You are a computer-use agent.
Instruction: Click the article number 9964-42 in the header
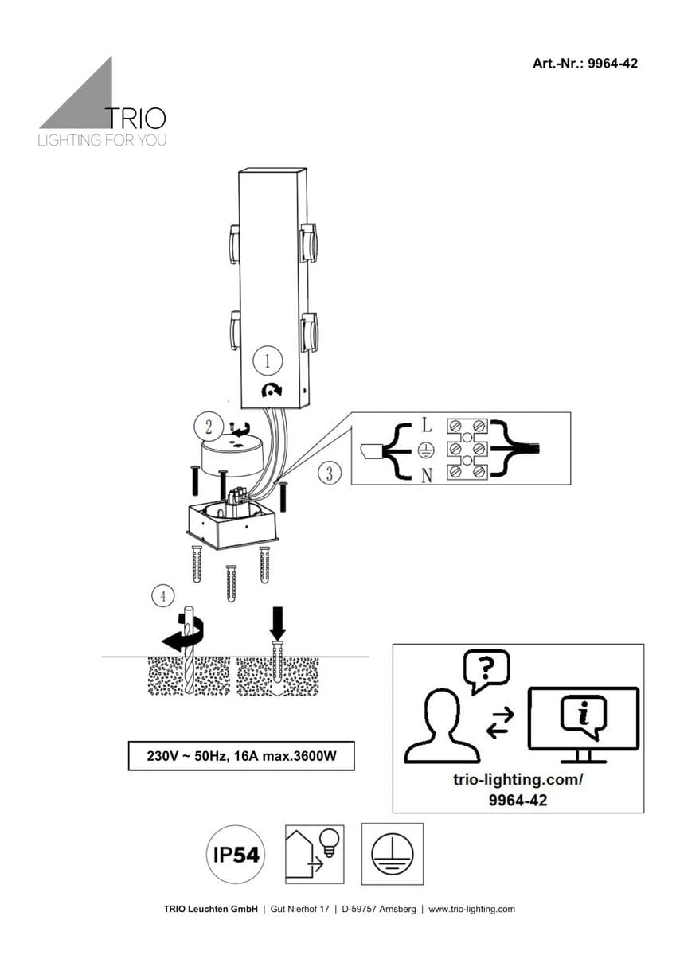611,64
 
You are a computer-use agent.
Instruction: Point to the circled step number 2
208,427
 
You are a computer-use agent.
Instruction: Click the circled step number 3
330,474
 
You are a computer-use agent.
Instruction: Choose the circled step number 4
162,595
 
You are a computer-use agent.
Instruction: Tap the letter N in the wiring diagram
426,476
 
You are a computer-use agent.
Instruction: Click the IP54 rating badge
236,856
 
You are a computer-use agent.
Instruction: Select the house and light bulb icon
314,855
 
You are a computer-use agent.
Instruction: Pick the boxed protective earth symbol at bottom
392,855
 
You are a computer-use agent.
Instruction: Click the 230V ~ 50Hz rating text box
240,756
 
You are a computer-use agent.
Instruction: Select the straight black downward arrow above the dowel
277,620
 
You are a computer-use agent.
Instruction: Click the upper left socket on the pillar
234,244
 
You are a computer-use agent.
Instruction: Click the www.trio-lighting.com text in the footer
471,909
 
